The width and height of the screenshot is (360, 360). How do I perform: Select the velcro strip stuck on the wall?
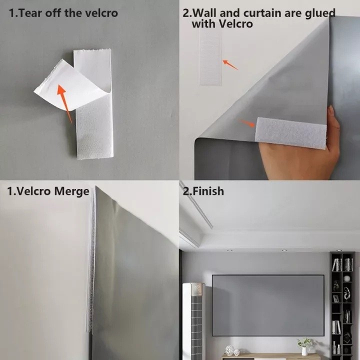click(x=210, y=55)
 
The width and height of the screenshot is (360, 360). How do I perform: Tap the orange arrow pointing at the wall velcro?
click(x=229, y=64)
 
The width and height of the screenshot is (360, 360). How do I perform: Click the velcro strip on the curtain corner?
click(x=290, y=132)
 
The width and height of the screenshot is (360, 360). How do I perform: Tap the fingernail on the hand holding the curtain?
click(x=330, y=109)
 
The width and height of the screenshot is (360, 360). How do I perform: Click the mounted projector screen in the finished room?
click(x=267, y=305)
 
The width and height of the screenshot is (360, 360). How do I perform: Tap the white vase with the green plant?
click(x=304, y=350)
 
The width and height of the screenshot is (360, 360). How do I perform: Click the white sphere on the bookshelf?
click(x=346, y=278)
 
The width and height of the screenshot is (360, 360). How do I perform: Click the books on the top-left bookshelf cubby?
click(x=336, y=264)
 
